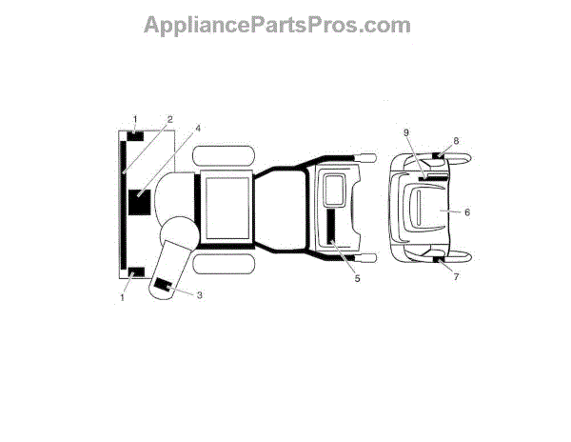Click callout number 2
click(168, 120)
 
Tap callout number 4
click(198, 127)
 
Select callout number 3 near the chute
click(200, 294)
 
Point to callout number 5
click(358, 278)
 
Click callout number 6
click(467, 212)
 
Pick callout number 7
click(456, 277)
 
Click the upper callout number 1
click(134, 119)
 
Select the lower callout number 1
click(122, 297)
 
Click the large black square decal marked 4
click(139, 203)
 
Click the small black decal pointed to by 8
click(439, 155)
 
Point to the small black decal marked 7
click(439, 259)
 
